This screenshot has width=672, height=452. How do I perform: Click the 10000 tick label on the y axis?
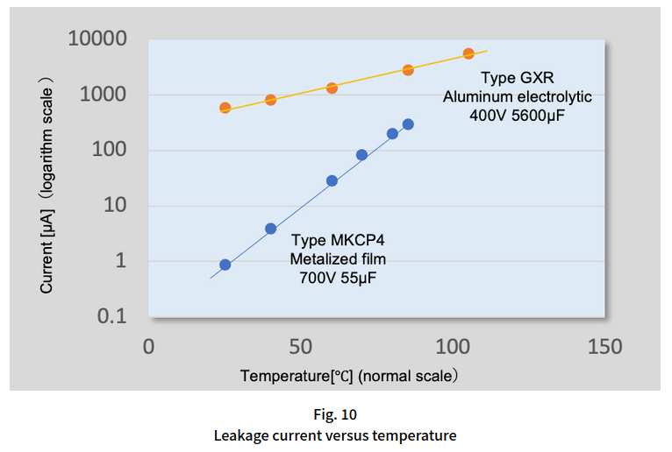click(97, 39)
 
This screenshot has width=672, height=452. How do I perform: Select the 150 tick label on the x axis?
click(604, 347)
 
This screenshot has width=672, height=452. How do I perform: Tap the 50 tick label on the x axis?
click(301, 347)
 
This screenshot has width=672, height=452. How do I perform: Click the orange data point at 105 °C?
click(468, 53)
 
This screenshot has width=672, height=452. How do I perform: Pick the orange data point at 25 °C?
click(225, 108)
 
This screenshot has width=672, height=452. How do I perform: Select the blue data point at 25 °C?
click(225, 265)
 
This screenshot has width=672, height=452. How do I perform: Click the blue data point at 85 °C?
click(408, 124)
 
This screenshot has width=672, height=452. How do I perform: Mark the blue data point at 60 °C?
click(332, 180)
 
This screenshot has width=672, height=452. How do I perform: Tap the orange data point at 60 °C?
click(332, 88)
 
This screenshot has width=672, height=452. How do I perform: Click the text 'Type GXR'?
click(518, 79)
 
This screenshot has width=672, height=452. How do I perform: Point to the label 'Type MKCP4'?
click(338, 241)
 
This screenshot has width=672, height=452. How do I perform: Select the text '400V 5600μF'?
click(518, 116)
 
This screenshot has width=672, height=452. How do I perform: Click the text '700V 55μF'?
click(338, 279)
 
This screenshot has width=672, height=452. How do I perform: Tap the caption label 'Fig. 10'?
click(335, 413)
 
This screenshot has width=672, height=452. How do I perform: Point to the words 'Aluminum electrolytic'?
click(518, 97)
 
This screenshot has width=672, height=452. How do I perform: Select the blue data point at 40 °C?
click(271, 229)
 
